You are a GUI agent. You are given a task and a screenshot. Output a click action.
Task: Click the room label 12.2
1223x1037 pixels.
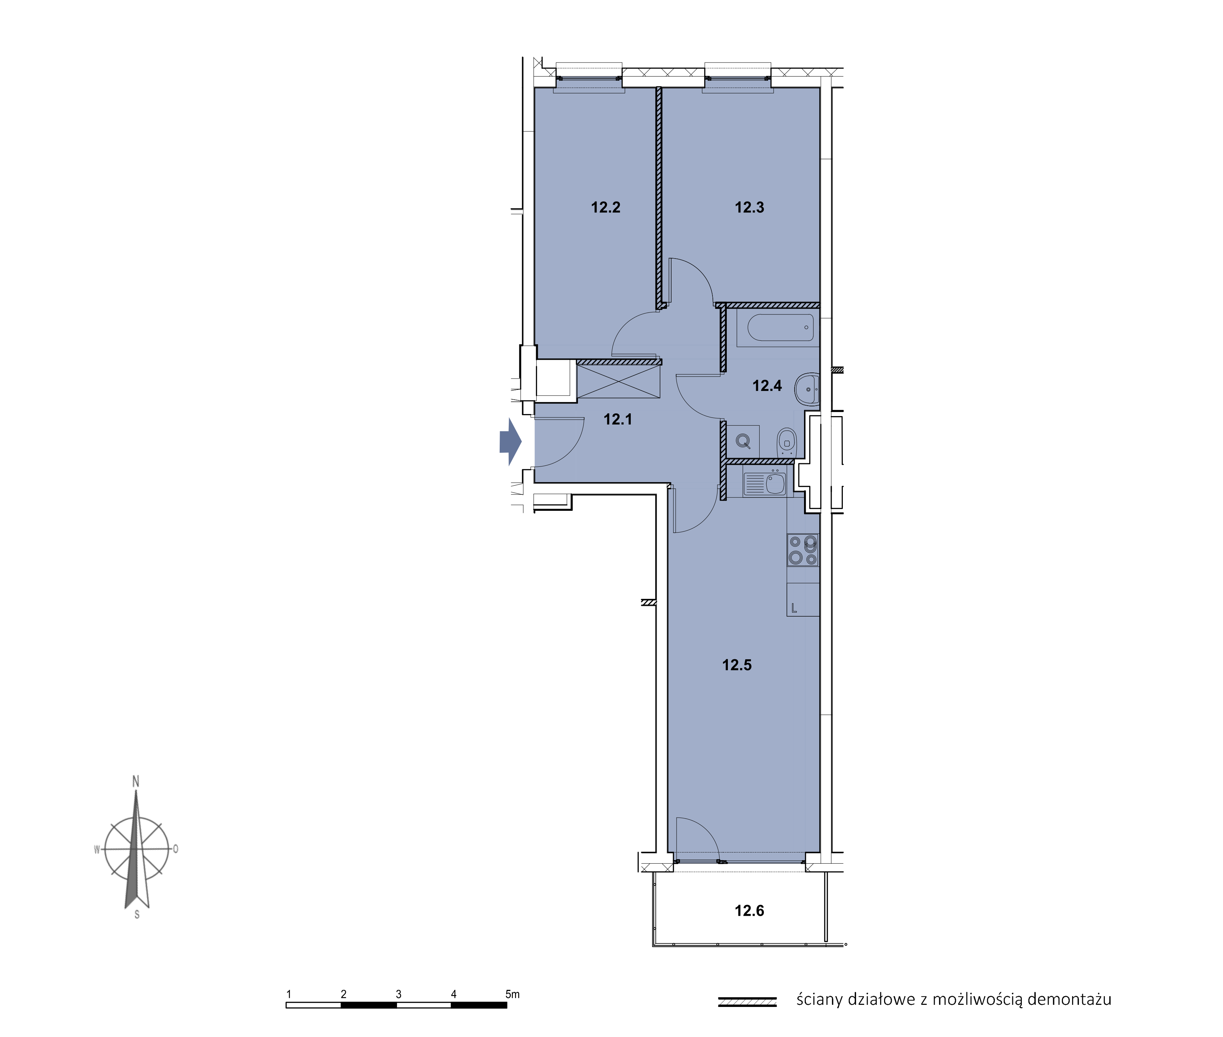[x=606, y=208]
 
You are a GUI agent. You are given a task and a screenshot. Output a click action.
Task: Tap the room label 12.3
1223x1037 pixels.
[x=749, y=208]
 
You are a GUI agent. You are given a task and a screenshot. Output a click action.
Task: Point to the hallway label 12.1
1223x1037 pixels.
[x=617, y=419]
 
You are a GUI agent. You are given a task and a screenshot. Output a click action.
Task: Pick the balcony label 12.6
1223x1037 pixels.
[x=749, y=911]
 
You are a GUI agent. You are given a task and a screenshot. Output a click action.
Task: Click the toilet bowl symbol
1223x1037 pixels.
[x=786, y=441]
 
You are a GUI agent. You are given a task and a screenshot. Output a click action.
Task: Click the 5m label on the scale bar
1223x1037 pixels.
[x=513, y=994]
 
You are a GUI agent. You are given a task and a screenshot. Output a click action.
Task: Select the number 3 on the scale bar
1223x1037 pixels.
[x=399, y=994]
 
